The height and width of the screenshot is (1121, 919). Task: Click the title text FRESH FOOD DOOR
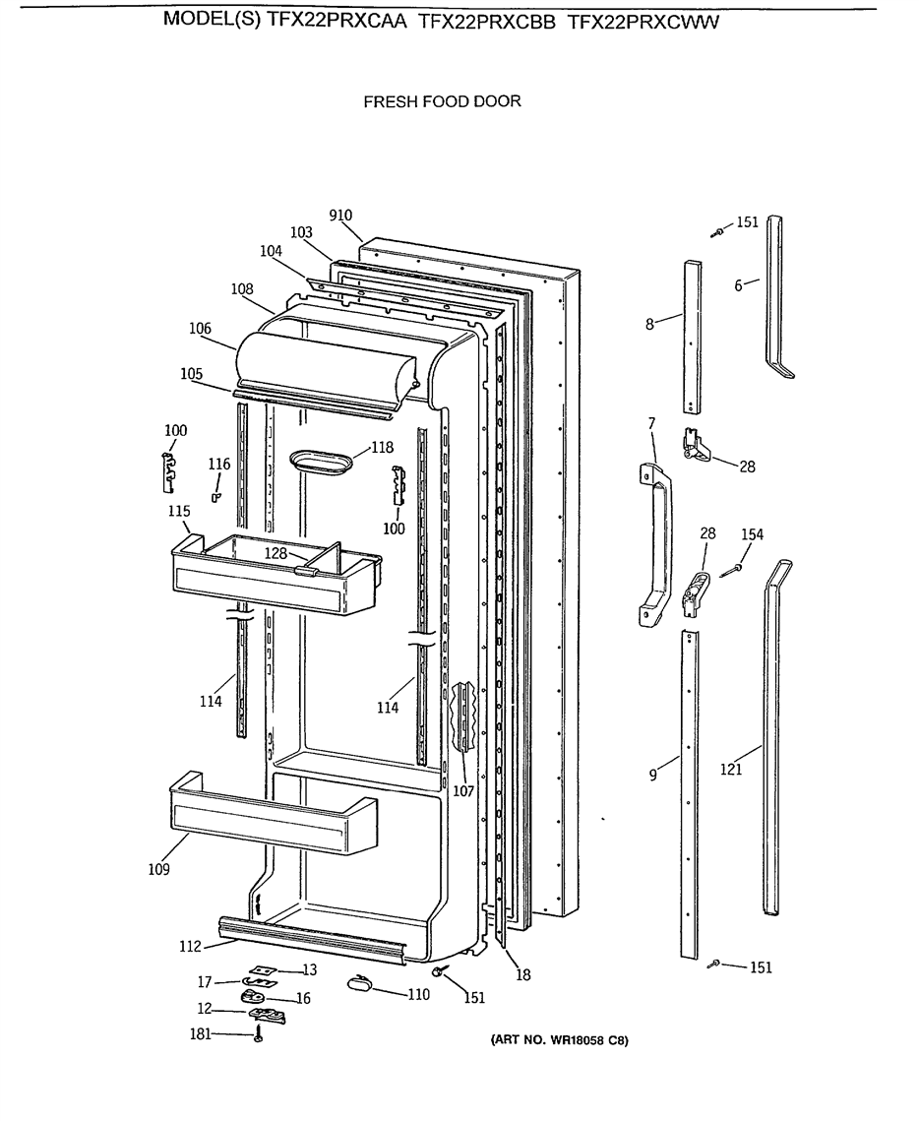pyautogui.click(x=443, y=101)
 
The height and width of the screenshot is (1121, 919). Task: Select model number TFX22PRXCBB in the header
pyautogui.click(x=486, y=23)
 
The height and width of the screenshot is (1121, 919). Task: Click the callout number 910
pyautogui.click(x=340, y=216)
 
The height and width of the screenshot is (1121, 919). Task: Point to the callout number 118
pyautogui.click(x=383, y=448)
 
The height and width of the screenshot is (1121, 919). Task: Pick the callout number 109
pyautogui.click(x=158, y=869)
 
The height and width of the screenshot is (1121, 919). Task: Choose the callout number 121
pyautogui.click(x=731, y=770)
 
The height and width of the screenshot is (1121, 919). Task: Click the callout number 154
pyautogui.click(x=752, y=534)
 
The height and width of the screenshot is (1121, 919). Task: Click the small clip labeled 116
pyautogui.click(x=215, y=496)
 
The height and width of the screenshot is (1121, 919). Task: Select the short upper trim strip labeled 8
pyautogui.click(x=691, y=338)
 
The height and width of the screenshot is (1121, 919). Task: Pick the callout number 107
pyautogui.click(x=463, y=790)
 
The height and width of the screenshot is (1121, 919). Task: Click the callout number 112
pyautogui.click(x=190, y=947)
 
